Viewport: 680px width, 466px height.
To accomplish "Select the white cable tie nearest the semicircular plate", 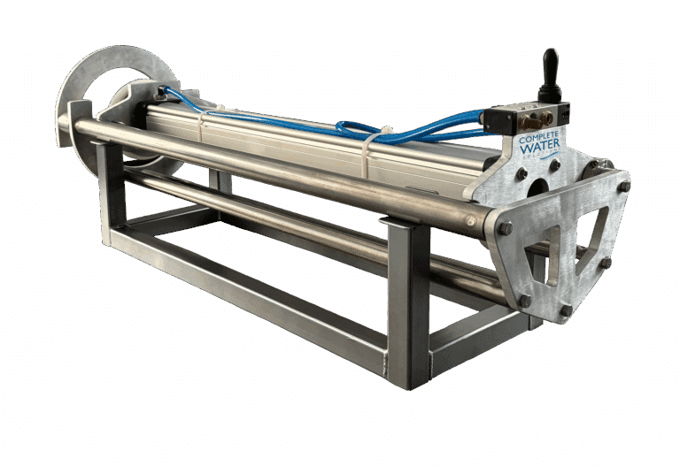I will pyautogui.click(x=204, y=126).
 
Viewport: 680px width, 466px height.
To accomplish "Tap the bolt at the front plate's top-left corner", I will pyautogui.click(x=506, y=228).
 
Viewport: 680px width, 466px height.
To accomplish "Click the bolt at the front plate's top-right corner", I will pyautogui.click(x=623, y=187).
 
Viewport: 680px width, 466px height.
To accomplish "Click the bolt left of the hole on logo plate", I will pyautogui.click(x=522, y=174).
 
